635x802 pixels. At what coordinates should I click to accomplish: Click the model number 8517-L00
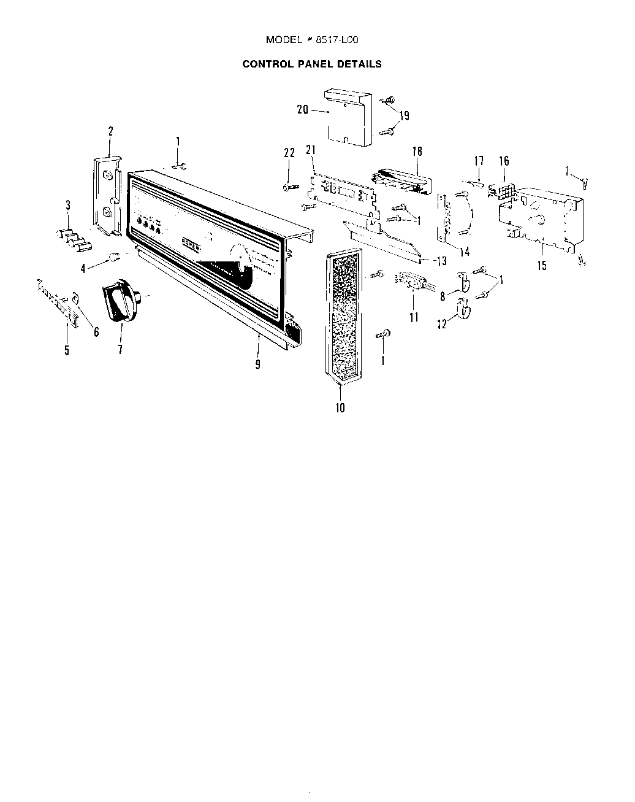(x=337, y=40)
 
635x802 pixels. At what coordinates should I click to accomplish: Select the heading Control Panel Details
(x=312, y=64)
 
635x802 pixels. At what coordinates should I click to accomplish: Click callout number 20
(x=302, y=110)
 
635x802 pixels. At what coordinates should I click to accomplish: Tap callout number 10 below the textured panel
(x=340, y=407)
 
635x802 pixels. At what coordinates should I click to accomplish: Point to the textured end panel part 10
(x=342, y=316)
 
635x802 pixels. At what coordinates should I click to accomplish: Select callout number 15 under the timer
(x=541, y=266)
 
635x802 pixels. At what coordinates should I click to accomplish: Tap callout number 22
(x=290, y=154)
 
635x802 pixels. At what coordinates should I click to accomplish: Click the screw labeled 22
(x=290, y=187)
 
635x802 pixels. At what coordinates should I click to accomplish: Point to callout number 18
(x=417, y=152)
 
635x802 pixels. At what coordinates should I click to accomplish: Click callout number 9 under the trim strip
(x=258, y=364)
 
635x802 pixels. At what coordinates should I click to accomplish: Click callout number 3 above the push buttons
(x=68, y=204)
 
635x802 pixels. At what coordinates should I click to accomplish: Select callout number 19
(x=404, y=115)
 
